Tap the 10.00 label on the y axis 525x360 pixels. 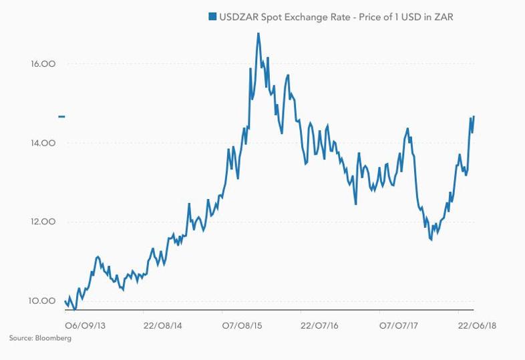(42, 301)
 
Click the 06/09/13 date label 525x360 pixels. (85, 325)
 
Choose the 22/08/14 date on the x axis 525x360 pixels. (163, 325)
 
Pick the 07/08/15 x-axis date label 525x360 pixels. (242, 325)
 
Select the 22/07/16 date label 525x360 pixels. (320, 325)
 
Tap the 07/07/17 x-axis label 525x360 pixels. (399, 325)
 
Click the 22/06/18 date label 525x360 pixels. (477, 325)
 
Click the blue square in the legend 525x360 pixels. (212, 17)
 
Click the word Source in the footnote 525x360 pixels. (21, 338)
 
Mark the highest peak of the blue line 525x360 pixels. (258, 33)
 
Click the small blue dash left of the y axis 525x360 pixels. (61, 116)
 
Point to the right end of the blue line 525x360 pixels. (474, 116)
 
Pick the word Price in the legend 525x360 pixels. (370, 17)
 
